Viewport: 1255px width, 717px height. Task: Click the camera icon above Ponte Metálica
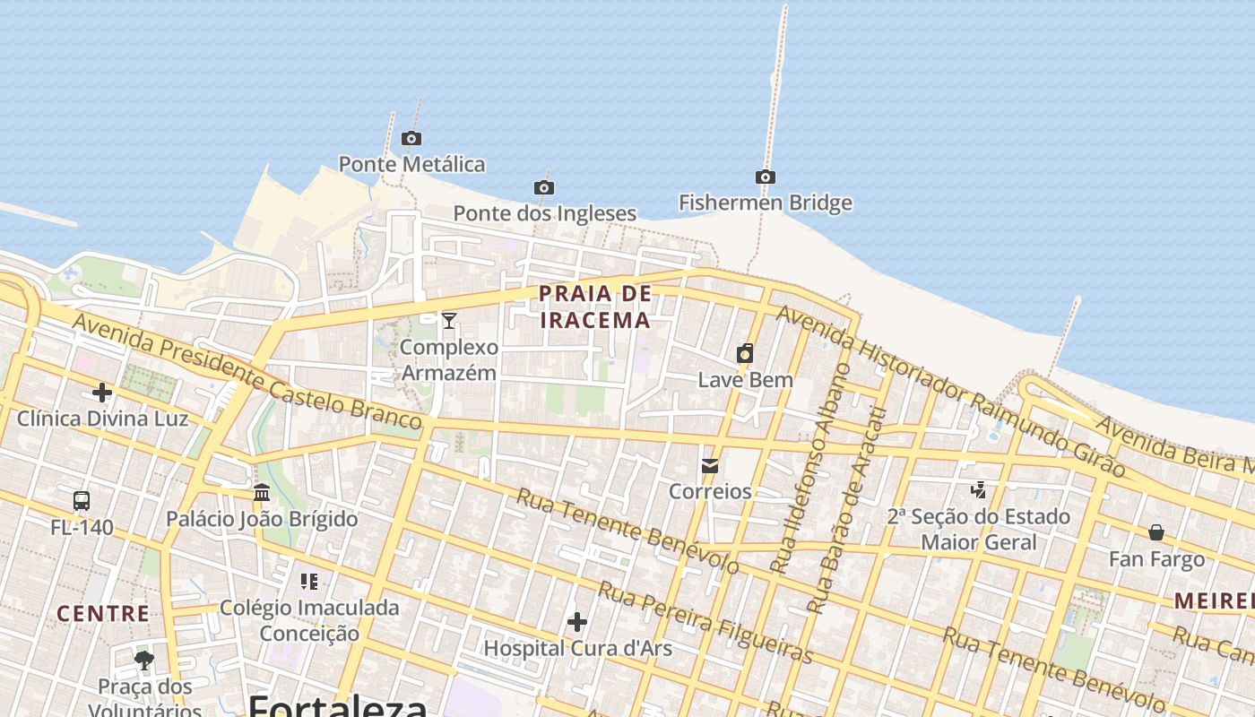pyautogui.click(x=411, y=138)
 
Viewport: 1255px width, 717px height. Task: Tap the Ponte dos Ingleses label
pyautogui.click(x=544, y=213)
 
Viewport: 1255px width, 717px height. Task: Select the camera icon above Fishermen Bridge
pyautogui.click(x=765, y=177)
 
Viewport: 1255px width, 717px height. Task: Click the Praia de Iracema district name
pyautogui.click(x=595, y=307)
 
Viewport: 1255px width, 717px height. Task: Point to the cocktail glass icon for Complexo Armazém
pyautogui.click(x=449, y=320)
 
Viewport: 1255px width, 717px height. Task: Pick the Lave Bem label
pyautogui.click(x=745, y=379)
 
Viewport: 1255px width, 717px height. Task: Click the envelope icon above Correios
pyautogui.click(x=710, y=465)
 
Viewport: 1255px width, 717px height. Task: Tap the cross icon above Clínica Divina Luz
pyautogui.click(x=102, y=393)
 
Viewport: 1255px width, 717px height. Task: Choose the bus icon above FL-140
pyautogui.click(x=82, y=500)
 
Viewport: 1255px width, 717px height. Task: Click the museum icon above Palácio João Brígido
pyautogui.click(x=262, y=492)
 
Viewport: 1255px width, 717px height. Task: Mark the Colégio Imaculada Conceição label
pyautogui.click(x=309, y=620)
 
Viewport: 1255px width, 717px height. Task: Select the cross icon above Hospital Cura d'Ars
pyautogui.click(x=577, y=621)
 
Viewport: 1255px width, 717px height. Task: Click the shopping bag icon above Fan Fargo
pyautogui.click(x=1156, y=532)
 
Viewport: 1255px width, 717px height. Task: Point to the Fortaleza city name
pyautogui.click(x=337, y=705)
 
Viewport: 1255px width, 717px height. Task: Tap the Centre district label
pyautogui.click(x=103, y=614)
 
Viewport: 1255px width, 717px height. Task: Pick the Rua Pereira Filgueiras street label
pyautogui.click(x=705, y=622)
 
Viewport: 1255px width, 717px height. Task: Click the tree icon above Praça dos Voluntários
pyautogui.click(x=144, y=661)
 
